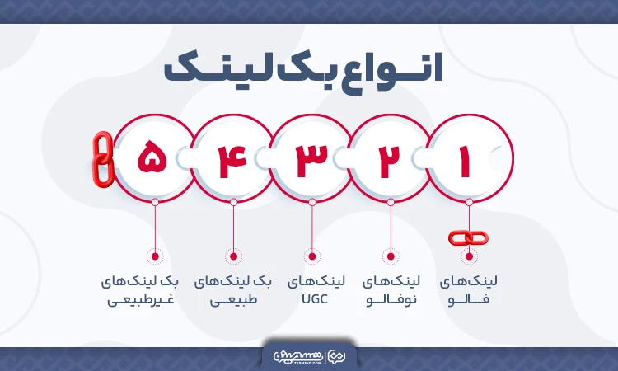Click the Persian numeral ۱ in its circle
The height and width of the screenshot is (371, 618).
[x=465, y=160]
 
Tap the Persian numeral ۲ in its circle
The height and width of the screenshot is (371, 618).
[x=387, y=160]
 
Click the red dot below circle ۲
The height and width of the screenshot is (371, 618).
[x=390, y=256]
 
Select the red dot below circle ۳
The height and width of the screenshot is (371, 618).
[x=311, y=256]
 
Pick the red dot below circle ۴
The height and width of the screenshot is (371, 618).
[x=233, y=256]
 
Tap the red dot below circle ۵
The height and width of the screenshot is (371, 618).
[x=155, y=256]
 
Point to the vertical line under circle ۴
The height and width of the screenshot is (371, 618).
[x=233, y=227]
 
